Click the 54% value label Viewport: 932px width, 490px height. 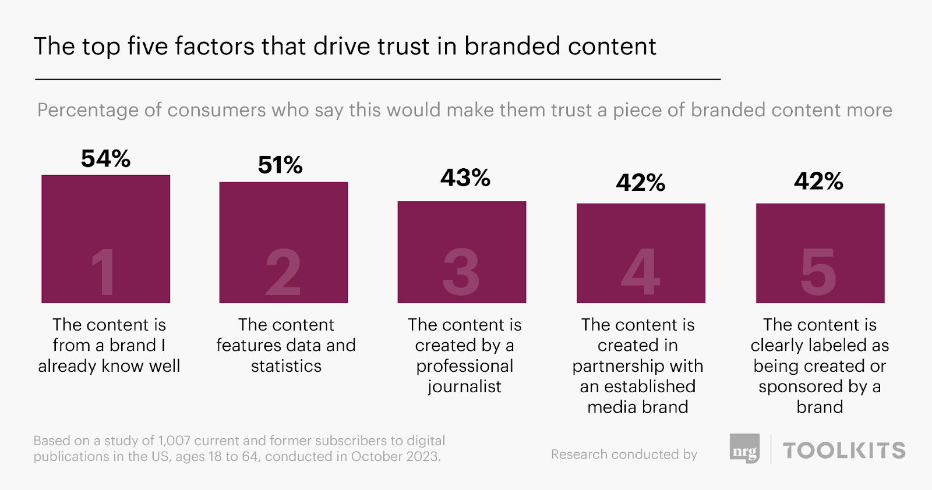click(105, 159)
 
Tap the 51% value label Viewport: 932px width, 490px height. click(280, 165)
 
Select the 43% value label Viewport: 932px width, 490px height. click(465, 177)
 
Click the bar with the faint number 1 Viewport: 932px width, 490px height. click(105, 239)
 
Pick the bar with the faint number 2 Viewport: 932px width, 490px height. click(283, 242)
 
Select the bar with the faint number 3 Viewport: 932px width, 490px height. click(461, 251)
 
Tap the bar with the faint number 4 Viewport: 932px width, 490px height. click(641, 253)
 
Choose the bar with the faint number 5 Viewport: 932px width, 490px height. click(820, 253)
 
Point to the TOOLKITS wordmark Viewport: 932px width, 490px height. click(844, 450)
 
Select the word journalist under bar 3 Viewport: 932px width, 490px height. click(464, 386)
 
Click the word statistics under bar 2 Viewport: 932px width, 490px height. click(286, 366)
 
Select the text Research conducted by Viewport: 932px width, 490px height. click(624, 454)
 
